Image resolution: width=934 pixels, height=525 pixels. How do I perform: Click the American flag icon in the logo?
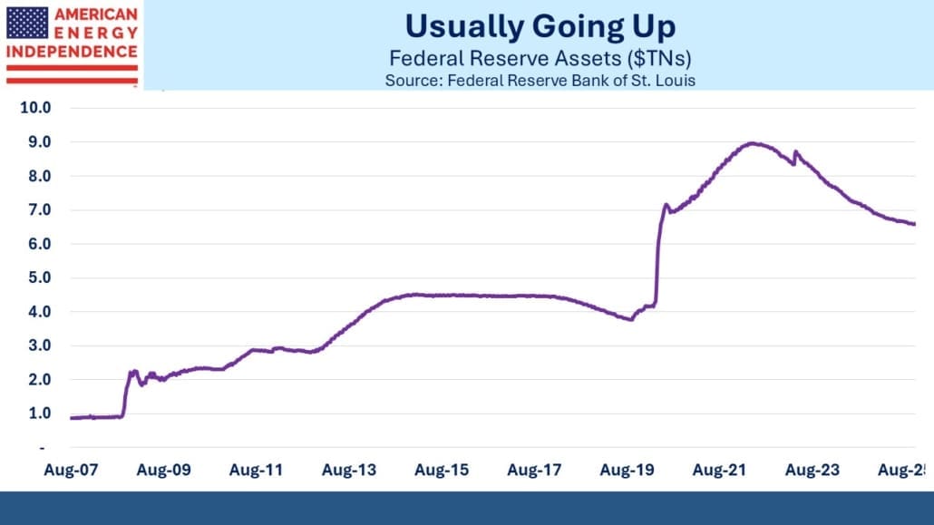[x=27, y=22]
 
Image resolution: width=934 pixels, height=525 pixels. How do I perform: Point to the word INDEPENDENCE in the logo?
[x=72, y=51]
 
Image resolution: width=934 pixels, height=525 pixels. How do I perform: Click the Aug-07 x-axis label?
[x=69, y=470]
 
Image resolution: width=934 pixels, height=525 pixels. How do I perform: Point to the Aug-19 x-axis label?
[x=627, y=470]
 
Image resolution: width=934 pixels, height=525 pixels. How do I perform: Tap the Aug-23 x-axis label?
[x=812, y=470]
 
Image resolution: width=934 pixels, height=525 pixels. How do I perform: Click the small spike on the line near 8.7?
[x=795, y=151]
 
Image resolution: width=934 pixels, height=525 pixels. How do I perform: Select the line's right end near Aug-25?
[x=913, y=224]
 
